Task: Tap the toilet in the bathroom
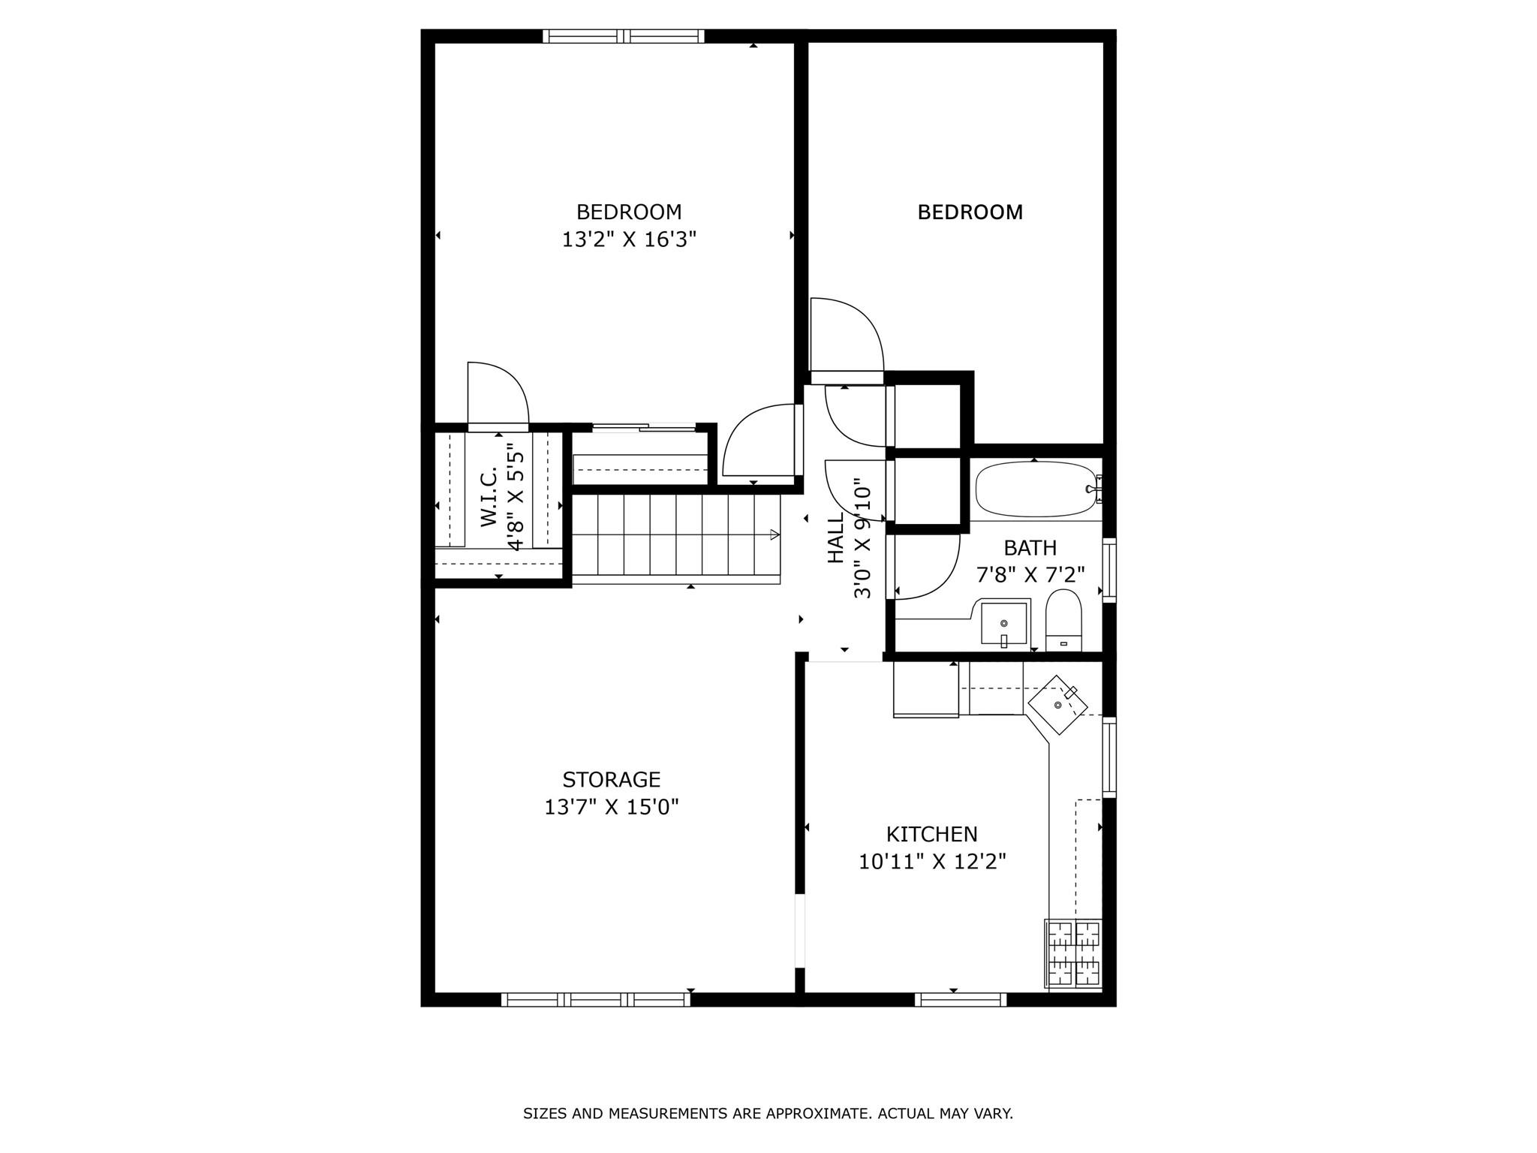pyautogui.click(x=1063, y=621)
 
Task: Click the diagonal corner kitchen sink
pyautogui.click(x=1058, y=705)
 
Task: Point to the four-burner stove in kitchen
pyautogui.click(x=1073, y=953)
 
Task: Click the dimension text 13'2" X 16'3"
pyautogui.click(x=629, y=239)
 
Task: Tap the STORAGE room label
pyautogui.click(x=611, y=779)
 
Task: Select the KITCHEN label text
pyautogui.click(x=931, y=834)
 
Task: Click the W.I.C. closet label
pyautogui.click(x=489, y=496)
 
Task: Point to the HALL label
pyautogui.click(x=835, y=537)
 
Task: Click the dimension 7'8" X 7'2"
pyautogui.click(x=1030, y=575)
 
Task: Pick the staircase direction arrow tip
pyautogui.click(x=775, y=534)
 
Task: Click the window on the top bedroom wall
pyautogui.click(x=624, y=36)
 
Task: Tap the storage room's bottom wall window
pyautogui.click(x=595, y=999)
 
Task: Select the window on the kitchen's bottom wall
pyautogui.click(x=960, y=999)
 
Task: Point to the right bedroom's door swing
pyautogui.click(x=847, y=334)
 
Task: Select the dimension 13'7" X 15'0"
pyautogui.click(x=611, y=807)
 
